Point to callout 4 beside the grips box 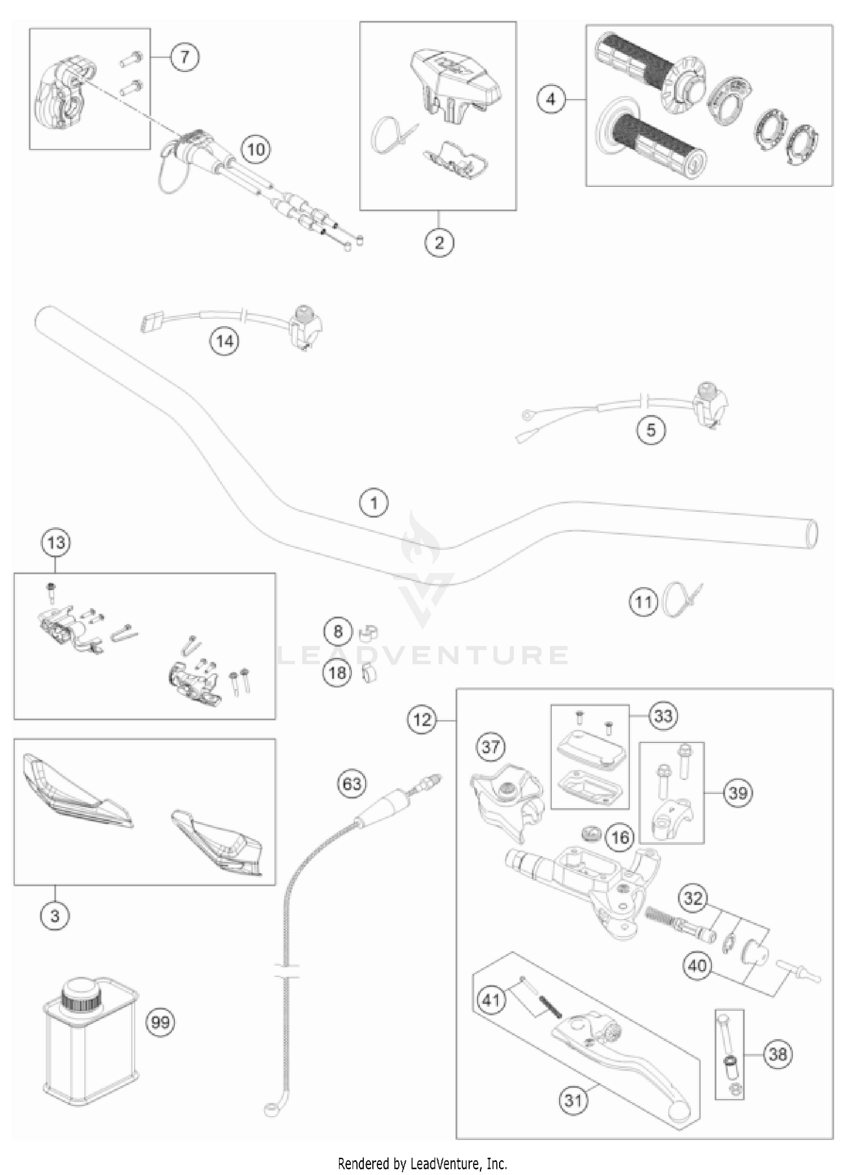[550, 99]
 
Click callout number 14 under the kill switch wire [224, 341]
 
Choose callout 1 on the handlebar [374, 502]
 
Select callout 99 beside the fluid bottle [161, 1021]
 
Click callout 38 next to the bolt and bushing [777, 1053]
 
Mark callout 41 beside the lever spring [491, 999]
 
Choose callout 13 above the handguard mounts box [56, 543]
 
